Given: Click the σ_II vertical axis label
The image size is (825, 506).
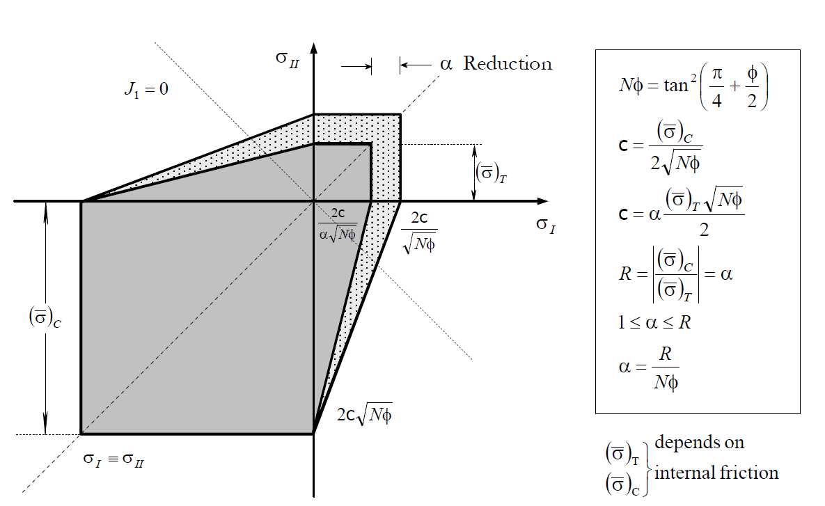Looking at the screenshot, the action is click(288, 58).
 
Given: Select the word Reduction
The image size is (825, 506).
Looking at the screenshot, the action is click(508, 64).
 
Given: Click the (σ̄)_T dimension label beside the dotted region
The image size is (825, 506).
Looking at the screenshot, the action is click(491, 172).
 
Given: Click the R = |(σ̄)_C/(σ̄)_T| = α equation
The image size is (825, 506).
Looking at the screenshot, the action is click(675, 273).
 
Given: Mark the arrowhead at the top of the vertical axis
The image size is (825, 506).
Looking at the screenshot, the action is click(314, 48).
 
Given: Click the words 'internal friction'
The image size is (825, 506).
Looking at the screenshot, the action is click(716, 473).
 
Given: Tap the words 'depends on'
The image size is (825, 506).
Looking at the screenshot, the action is click(699, 442).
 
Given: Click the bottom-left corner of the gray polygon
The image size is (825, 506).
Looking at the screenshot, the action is click(81, 434).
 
